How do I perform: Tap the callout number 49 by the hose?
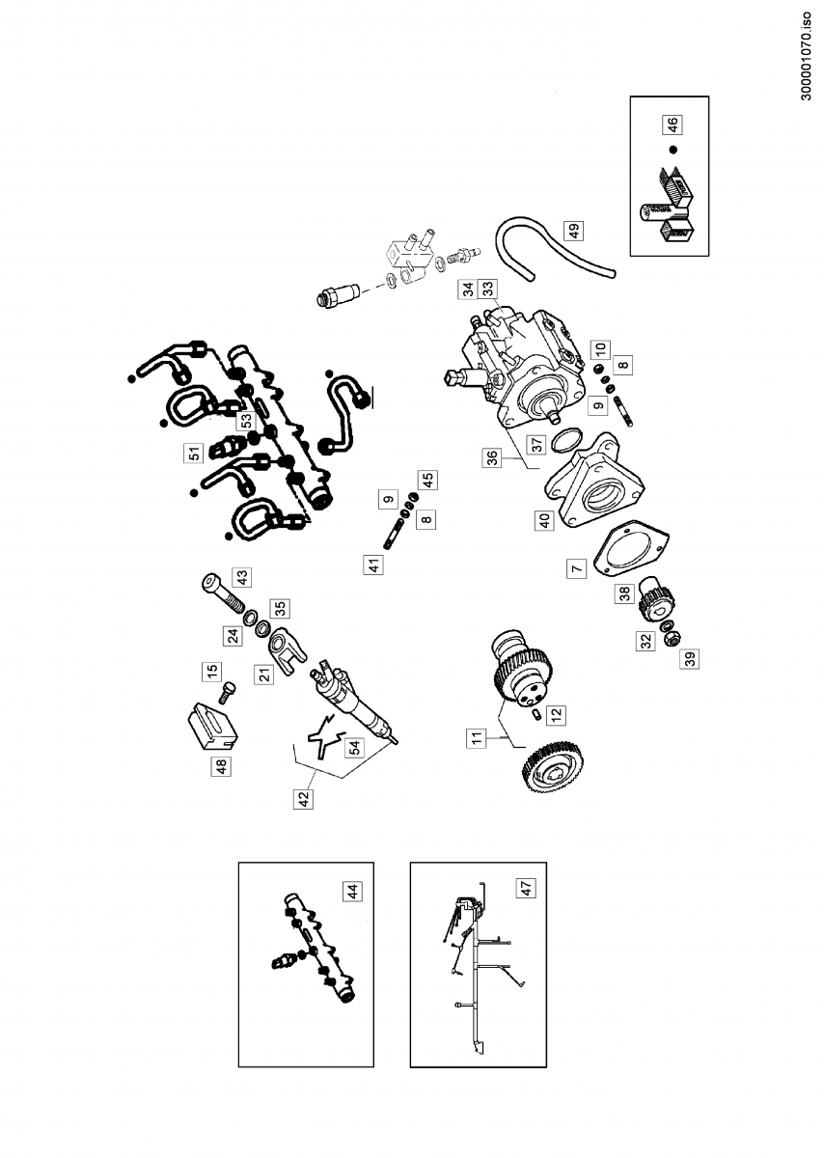(573, 231)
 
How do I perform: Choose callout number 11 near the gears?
(476, 739)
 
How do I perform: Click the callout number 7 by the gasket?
(576, 569)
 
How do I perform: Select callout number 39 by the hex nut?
(690, 660)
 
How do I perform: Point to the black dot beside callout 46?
(673, 151)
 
